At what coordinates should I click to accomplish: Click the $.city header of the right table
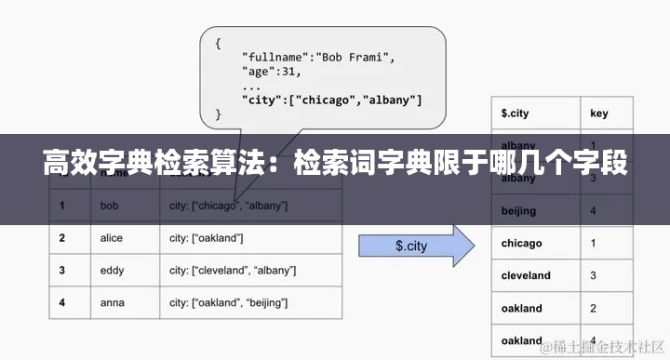point(515,113)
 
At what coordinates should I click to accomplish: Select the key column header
point(599,113)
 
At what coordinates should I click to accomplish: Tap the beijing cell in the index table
point(518,211)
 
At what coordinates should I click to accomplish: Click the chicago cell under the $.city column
point(521,243)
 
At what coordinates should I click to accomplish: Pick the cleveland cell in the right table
point(526,275)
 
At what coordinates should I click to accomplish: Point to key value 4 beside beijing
point(594,211)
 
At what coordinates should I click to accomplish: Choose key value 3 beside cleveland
point(594,275)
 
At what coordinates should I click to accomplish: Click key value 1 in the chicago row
point(594,243)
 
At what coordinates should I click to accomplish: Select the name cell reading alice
point(111,238)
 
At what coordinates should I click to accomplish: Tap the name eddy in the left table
point(111,270)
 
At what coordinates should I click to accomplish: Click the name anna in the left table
point(111,302)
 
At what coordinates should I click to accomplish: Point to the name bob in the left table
point(109,205)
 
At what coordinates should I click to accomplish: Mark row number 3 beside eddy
point(61,270)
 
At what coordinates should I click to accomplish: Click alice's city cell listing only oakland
point(206,238)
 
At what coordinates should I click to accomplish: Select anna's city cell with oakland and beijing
point(228,302)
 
